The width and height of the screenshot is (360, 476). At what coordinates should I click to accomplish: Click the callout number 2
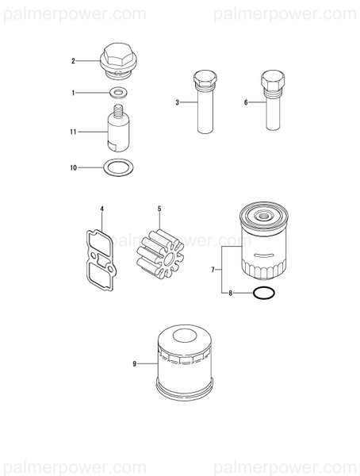73,61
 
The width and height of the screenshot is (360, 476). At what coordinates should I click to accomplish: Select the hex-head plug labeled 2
117,60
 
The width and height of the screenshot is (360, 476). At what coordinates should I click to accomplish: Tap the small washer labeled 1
118,94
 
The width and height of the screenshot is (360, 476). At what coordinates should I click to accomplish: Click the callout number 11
72,132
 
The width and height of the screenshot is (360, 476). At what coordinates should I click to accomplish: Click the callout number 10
73,167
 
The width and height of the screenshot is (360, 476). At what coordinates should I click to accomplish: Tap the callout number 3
178,102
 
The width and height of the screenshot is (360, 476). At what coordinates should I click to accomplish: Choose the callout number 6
246,102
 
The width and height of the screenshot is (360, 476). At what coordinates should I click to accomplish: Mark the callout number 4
101,209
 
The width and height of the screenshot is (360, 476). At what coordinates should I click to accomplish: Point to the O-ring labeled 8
264,294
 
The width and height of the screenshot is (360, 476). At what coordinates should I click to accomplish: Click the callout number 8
231,294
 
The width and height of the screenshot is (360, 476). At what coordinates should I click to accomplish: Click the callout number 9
136,363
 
